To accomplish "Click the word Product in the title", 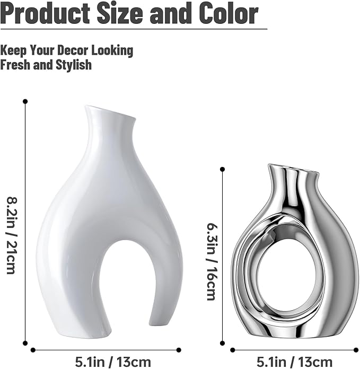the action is [x=46, y=13].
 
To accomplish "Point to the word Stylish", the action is [x=74, y=65].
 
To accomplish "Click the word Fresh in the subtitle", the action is [x=15, y=65].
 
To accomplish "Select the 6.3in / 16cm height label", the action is [x=211, y=262].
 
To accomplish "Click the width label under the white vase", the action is [x=113, y=362].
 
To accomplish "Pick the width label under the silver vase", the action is [x=294, y=362].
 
